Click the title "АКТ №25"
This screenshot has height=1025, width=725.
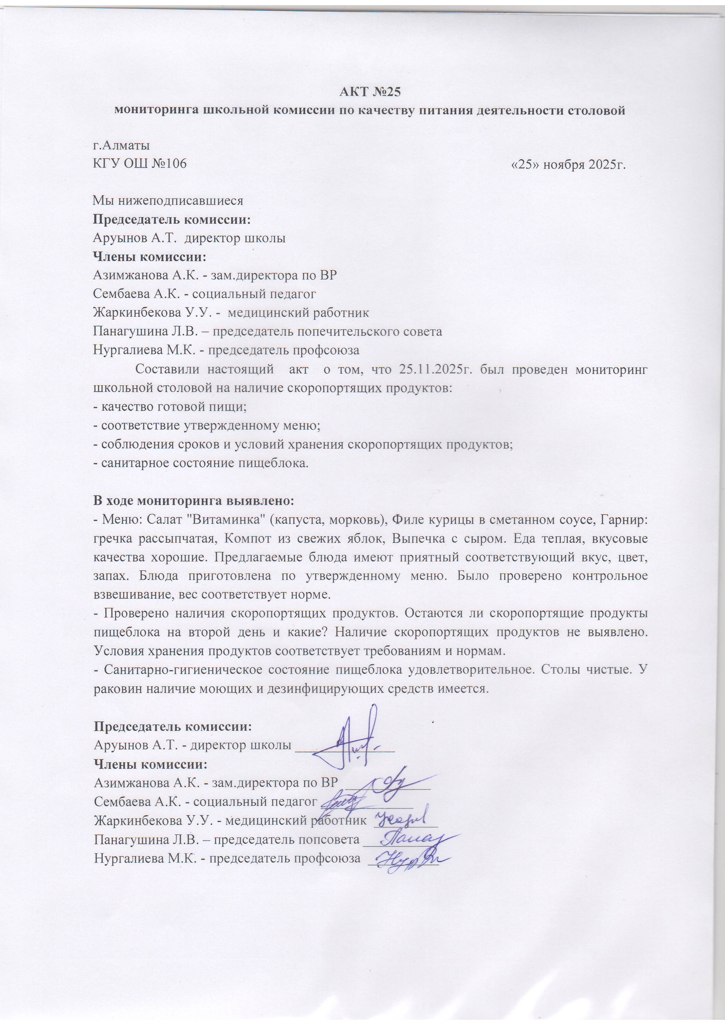(x=370, y=92)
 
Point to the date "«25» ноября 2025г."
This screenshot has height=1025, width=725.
(x=568, y=164)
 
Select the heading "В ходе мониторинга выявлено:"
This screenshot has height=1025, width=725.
(x=194, y=501)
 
